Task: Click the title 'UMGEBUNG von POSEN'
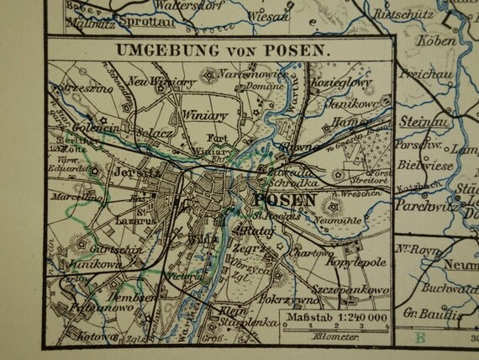click(220, 48)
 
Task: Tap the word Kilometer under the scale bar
click(333, 335)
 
